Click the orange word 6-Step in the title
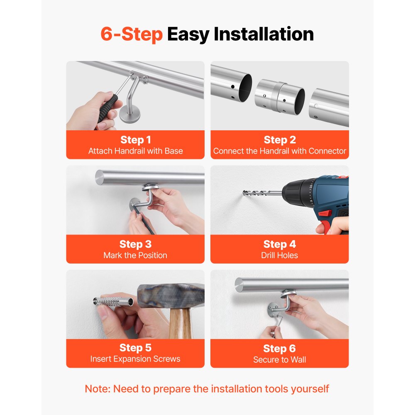(x=132, y=34)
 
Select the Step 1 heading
(x=136, y=139)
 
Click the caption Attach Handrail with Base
(x=136, y=151)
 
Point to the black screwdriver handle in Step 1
(x=107, y=108)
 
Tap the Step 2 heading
(x=280, y=139)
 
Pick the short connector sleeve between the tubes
(x=280, y=97)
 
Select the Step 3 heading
(x=136, y=244)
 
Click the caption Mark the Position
(x=135, y=255)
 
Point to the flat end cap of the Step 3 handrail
(x=100, y=178)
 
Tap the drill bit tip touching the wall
(x=244, y=193)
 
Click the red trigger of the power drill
(x=325, y=213)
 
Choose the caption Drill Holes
(x=279, y=255)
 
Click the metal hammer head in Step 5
(x=171, y=296)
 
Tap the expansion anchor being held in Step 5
(x=113, y=301)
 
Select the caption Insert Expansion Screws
(x=135, y=359)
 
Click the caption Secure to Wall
(x=279, y=360)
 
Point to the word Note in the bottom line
(x=96, y=389)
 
